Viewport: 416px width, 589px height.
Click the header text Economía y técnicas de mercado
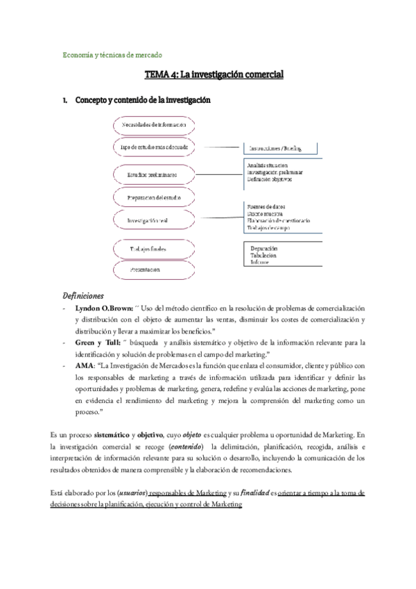pyautogui.click(x=112, y=55)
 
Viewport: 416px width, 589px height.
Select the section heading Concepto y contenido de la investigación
pyautogui.click(x=142, y=101)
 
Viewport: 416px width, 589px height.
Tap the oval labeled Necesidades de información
pyautogui.click(x=154, y=124)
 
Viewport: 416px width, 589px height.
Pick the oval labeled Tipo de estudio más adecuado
pyautogui.click(x=154, y=147)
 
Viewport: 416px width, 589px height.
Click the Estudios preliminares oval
pyautogui.click(x=154, y=174)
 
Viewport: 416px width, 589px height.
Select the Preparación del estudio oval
pyautogui.click(x=154, y=198)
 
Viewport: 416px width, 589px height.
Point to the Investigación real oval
pyautogui.click(x=154, y=220)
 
